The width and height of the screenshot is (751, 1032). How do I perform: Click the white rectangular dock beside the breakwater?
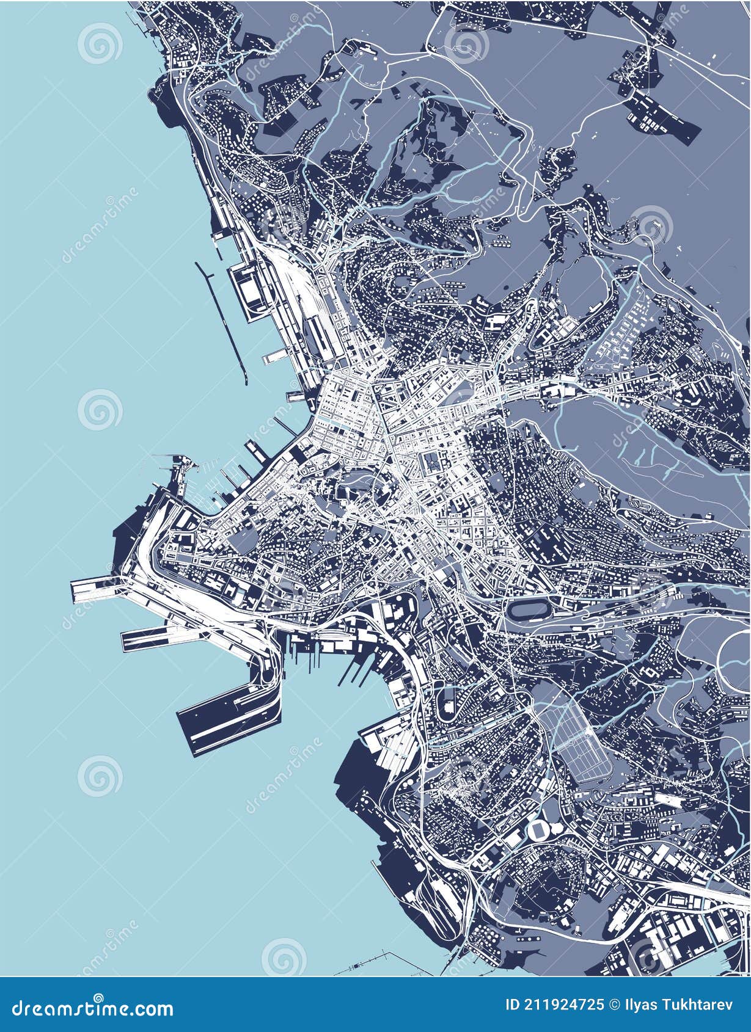pos(249,293)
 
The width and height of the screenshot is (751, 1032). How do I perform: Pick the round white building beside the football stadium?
pos(558,827)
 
